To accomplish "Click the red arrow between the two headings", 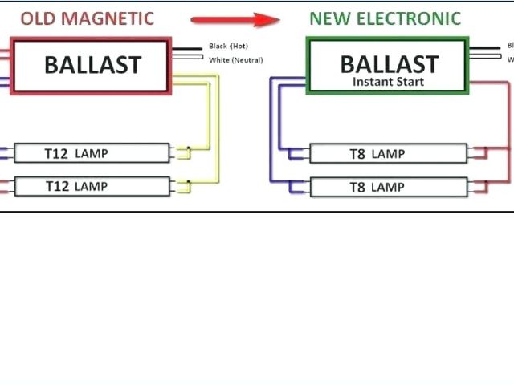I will coord(235,18).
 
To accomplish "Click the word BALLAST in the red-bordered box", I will coord(92,65).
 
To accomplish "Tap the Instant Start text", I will coord(388,82).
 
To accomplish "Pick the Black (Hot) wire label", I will coord(229,47).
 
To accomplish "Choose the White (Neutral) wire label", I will coord(235,60).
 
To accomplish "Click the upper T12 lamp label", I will coord(76,153).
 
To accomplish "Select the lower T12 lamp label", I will coord(76,186).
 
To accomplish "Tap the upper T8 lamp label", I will coord(377,153).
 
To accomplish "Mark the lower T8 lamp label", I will coord(377,187).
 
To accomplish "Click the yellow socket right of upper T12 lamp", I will coord(184,153).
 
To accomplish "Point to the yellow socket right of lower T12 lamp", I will coord(184,186).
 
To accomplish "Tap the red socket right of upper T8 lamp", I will coord(479,153).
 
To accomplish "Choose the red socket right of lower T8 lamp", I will coord(479,187).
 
